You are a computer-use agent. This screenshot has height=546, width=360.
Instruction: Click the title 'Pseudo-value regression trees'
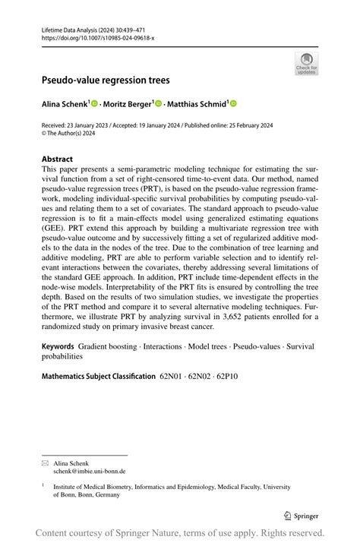coord(106,80)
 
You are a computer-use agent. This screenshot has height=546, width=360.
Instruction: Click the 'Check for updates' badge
coord(307,64)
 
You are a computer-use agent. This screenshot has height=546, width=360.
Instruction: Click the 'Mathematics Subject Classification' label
coord(98,376)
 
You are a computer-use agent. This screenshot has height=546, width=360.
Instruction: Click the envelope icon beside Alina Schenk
coord(46,462)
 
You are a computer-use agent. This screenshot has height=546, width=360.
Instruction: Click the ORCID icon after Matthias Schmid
coord(233,103)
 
